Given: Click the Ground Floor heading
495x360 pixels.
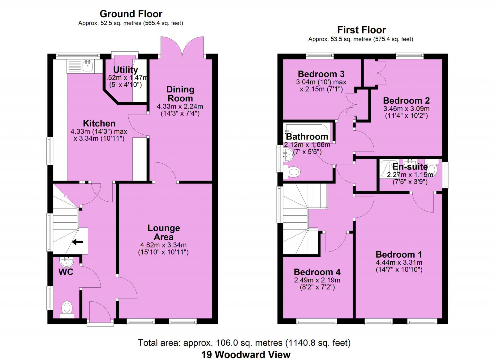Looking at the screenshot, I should [131, 14].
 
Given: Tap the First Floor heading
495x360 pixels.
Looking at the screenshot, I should [361, 30].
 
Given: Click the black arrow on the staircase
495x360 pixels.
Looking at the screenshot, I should [77, 242].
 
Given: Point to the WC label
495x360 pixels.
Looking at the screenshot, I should [66, 272].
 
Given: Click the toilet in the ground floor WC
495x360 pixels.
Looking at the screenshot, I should [67, 308].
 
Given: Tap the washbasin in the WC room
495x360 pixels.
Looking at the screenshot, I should [66, 262].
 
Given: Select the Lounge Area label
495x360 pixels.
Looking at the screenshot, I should [164, 232].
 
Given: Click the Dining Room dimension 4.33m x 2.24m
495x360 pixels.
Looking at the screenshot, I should [180, 106].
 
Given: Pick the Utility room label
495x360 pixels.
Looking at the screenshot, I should [125, 70].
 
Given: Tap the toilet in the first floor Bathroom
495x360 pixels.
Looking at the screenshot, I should [293, 171].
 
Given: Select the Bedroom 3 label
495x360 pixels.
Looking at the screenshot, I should [321, 74].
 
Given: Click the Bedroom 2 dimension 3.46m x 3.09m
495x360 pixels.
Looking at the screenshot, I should [406, 109].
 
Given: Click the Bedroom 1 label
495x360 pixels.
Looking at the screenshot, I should [399, 255].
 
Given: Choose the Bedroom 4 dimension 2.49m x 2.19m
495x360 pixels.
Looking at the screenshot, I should [317, 280].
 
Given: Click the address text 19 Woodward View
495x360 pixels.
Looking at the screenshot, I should [246, 354].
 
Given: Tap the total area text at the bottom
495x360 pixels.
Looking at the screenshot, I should [244, 343].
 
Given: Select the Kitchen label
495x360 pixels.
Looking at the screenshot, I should [99, 123].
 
